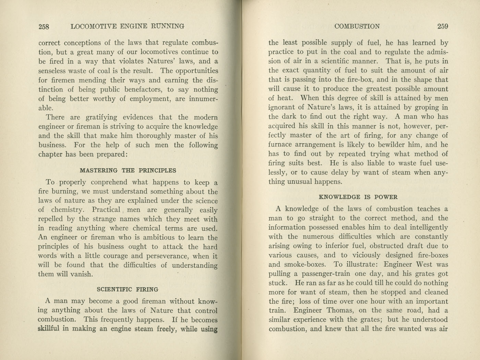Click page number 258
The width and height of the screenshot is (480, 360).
[44, 26]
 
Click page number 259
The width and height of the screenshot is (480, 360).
[442, 26]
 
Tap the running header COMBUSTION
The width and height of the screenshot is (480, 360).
[357, 26]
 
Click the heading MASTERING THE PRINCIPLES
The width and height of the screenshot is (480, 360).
[128, 170]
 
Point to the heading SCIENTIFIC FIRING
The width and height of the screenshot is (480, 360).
[128, 289]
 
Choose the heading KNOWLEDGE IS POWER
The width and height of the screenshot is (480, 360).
[358, 197]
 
